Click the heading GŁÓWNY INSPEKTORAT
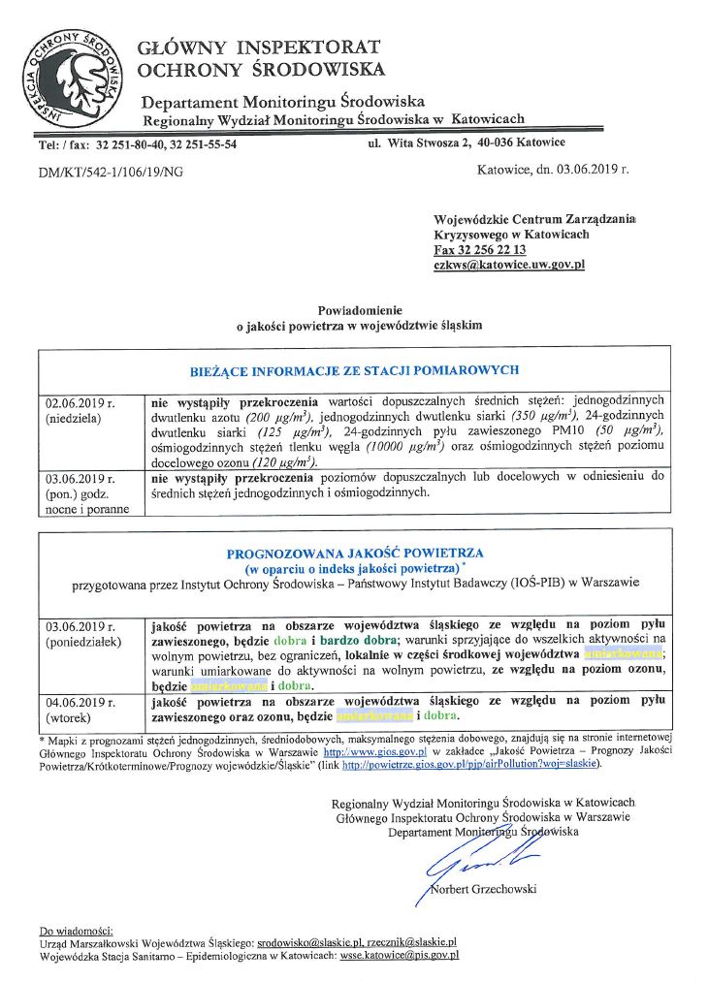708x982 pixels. pos(258,48)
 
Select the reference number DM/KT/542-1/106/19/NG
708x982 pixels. pos(111,172)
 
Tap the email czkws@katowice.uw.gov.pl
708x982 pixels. pos(509,265)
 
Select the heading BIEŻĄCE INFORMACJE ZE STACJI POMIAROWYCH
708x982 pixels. pos(354,370)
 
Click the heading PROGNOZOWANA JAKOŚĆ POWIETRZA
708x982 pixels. pos(354,554)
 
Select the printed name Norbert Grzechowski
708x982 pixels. pos(483,889)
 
